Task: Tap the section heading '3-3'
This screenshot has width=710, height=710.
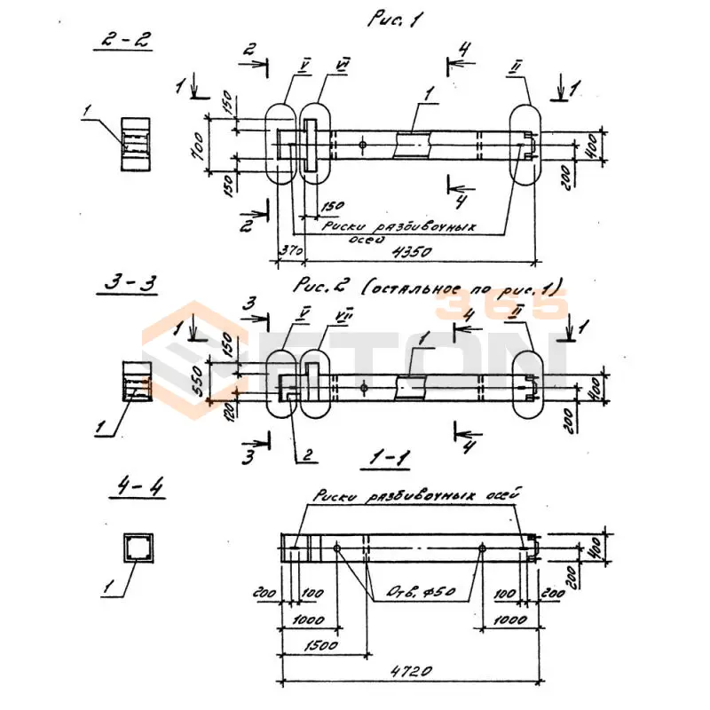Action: [129, 283]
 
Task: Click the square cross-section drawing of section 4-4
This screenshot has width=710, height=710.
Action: [138, 548]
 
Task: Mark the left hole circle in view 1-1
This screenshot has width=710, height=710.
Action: [338, 548]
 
